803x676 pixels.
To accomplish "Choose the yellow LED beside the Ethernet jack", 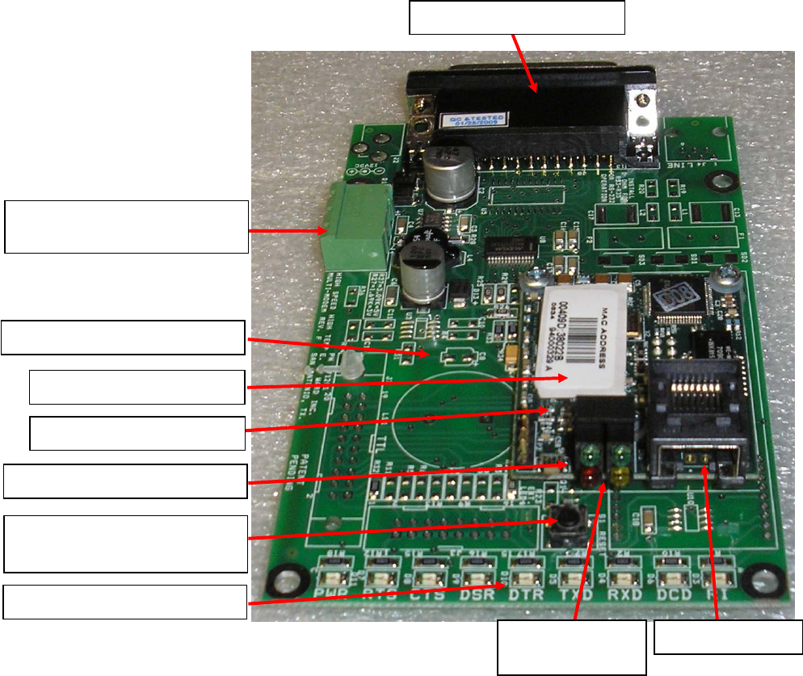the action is tap(621, 478).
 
